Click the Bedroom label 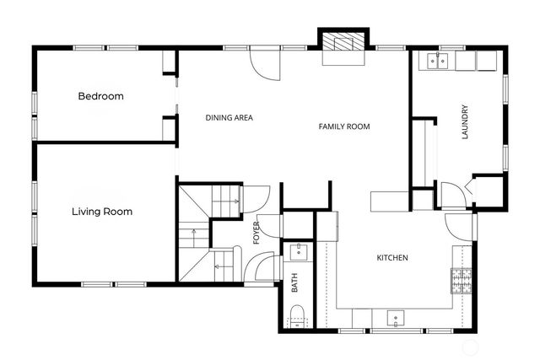pyautogui.click(x=100, y=96)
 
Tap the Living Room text pyautogui.click(x=101, y=212)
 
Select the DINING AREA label pyautogui.click(x=229, y=118)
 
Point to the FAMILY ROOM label pyautogui.click(x=344, y=126)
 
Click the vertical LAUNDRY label pyautogui.click(x=464, y=122)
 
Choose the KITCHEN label pyautogui.click(x=392, y=258)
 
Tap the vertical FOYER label pyautogui.click(x=256, y=231)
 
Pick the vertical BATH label pyautogui.click(x=295, y=285)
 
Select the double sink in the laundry pyautogui.click(x=437, y=60)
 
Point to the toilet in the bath pyautogui.click(x=296, y=317)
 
